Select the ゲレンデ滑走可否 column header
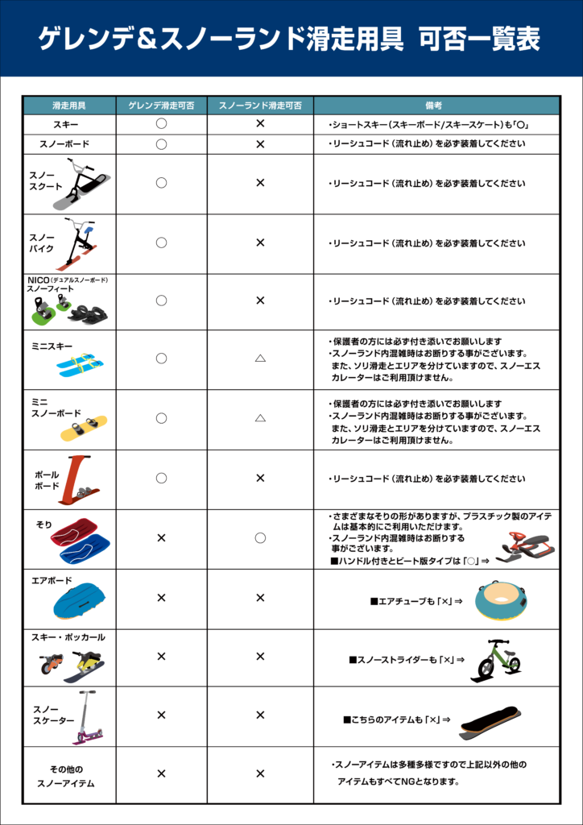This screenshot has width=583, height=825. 161,106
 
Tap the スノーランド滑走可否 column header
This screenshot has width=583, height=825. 260,106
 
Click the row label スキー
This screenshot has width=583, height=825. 66,125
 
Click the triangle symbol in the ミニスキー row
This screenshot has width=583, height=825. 260,358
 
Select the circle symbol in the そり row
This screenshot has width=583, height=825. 260,537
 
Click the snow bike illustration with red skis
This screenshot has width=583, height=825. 79,244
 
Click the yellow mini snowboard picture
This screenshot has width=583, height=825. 84,427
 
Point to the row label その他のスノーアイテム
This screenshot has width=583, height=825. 66,776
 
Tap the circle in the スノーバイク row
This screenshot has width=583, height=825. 161,243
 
